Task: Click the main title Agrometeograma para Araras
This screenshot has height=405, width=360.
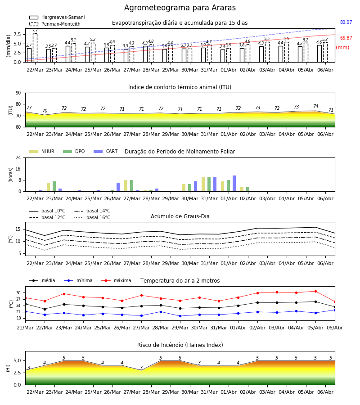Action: coord(180,8)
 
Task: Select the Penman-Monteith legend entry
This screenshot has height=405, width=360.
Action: coord(55,24)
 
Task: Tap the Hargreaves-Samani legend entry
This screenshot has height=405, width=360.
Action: coord(57,17)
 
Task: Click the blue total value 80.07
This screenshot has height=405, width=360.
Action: coord(346,22)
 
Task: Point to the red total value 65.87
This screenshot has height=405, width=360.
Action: coord(346,38)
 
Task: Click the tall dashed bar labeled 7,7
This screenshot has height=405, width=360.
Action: coord(35,48)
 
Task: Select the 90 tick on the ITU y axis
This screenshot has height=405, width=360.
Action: coord(18,93)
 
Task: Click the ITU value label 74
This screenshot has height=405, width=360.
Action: coord(315,106)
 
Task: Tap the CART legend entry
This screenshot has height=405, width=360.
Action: coord(106,151)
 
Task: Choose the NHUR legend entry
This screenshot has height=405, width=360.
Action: coord(42,151)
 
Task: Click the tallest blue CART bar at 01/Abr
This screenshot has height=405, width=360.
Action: coord(234,184)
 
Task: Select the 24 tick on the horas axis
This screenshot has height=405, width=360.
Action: coord(18,157)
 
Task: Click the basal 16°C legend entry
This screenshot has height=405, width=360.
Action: coord(92,217)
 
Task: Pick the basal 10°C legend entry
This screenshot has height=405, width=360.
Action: coord(47,211)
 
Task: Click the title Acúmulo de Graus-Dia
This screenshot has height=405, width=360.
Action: coord(180,216)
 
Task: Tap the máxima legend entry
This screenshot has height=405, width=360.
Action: coord(116,280)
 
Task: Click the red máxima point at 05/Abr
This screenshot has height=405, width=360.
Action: coord(315,291)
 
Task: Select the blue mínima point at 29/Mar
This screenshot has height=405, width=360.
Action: coord(180,316)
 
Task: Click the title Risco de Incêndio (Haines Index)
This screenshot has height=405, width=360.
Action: coord(180,345)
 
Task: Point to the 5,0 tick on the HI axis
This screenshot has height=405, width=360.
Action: coord(18,360)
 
